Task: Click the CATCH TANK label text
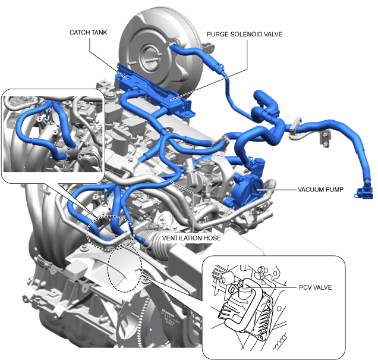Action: (x=88, y=32)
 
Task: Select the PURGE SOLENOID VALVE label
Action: (x=244, y=35)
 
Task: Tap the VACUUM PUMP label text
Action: (x=320, y=189)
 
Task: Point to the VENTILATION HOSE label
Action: (x=191, y=238)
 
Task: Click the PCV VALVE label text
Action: (x=316, y=287)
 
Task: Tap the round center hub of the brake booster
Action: (x=150, y=58)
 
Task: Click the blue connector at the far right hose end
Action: (x=363, y=193)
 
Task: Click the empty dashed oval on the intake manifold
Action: (x=125, y=268)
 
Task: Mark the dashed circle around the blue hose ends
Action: (x=111, y=233)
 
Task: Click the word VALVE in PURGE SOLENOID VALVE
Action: (x=273, y=35)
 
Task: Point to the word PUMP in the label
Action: (x=335, y=189)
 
